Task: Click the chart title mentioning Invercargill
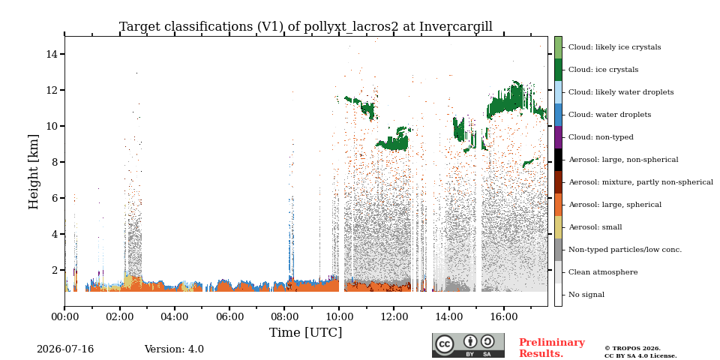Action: [x=306, y=27]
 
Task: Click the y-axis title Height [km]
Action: [x=34, y=172]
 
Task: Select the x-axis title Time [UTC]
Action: [x=306, y=332]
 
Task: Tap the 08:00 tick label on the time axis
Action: [x=284, y=316]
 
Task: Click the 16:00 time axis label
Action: [x=504, y=316]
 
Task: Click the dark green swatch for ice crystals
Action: [x=558, y=70]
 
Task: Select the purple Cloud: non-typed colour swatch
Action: [x=558, y=137]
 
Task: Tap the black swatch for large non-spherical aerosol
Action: [x=558, y=160]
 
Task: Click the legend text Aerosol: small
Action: [x=595, y=227]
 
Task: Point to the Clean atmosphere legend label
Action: [x=603, y=272]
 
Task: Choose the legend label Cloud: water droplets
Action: [x=610, y=115]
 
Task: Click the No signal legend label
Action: [x=586, y=295]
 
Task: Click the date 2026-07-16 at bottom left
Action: [x=65, y=349]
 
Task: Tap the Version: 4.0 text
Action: [x=174, y=349]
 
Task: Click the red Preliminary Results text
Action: [x=552, y=348]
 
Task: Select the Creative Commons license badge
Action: [x=468, y=345]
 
